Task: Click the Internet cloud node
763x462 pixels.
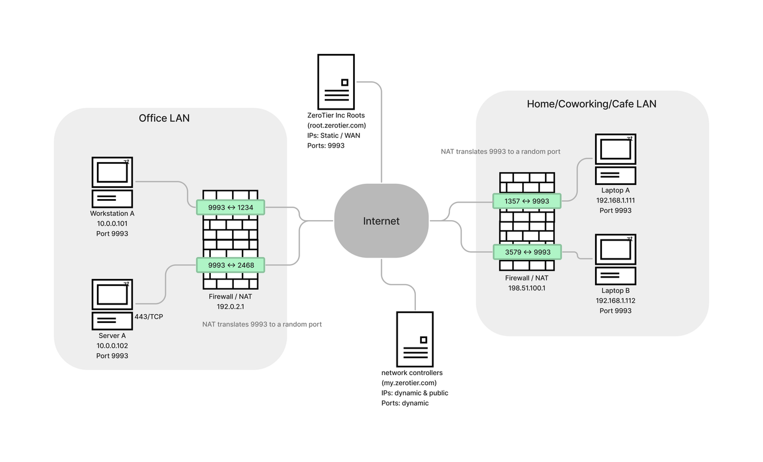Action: coord(381,221)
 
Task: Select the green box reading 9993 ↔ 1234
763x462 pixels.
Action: coord(230,207)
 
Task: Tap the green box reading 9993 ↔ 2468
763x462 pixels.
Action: coord(230,265)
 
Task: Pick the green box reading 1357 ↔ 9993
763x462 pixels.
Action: coord(527,201)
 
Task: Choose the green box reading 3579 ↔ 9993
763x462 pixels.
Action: coord(527,252)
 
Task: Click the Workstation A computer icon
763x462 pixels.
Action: coord(112,181)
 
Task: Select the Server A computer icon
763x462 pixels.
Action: coord(112,303)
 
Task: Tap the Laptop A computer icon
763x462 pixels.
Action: coord(615,159)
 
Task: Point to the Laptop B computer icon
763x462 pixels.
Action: coord(615,259)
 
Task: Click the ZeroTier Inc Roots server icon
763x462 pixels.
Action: coord(336,81)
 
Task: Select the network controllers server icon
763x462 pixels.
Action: coord(415,339)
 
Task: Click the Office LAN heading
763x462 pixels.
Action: coord(164,118)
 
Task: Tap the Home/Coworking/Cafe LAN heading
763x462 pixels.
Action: coord(591,104)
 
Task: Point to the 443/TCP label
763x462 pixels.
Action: coord(149,317)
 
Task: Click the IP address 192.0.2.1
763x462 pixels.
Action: coord(230,306)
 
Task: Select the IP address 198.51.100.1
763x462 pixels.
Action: coord(526,288)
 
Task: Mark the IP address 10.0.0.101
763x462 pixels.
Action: coord(112,224)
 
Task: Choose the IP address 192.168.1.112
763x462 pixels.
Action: coord(615,301)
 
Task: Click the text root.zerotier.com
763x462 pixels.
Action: coord(337,126)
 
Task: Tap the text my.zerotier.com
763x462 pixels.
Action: coord(409,383)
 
